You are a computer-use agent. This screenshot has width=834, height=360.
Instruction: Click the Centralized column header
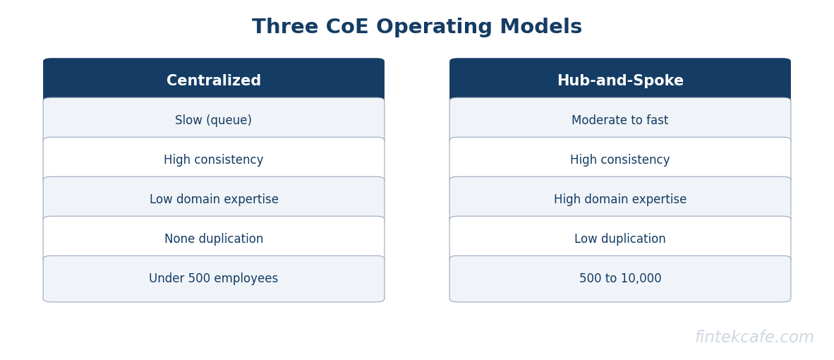click(214, 80)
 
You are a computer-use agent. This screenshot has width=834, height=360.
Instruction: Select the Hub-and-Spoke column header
click(620, 80)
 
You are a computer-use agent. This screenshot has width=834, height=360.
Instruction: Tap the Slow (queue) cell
click(214, 121)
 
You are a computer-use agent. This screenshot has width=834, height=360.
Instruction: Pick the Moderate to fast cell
click(620, 121)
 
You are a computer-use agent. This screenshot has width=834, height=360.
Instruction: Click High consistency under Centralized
click(214, 160)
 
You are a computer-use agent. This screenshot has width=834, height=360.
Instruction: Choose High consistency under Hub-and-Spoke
click(620, 160)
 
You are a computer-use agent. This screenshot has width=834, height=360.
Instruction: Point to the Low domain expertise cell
click(214, 200)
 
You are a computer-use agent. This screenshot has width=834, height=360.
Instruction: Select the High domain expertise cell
click(620, 200)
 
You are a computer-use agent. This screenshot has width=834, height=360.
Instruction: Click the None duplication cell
click(214, 239)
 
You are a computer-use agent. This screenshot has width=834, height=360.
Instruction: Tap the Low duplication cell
click(620, 239)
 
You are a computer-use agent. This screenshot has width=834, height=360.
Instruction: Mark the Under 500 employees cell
click(214, 279)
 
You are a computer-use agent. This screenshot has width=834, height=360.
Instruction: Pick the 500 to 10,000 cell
click(620, 279)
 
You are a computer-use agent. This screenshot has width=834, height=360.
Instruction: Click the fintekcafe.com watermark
click(754, 337)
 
